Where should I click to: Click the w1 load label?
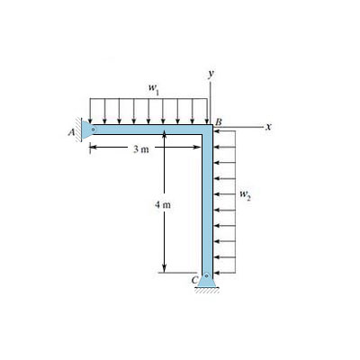click(153, 89)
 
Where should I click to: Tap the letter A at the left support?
click(71, 132)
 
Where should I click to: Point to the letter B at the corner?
click(219, 121)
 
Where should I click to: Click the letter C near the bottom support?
click(194, 280)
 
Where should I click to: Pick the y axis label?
click(211, 74)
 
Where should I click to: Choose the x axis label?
click(269, 127)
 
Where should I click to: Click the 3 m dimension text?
click(141, 149)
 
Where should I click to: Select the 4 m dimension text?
click(163, 205)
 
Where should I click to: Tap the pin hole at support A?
click(94, 130)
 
